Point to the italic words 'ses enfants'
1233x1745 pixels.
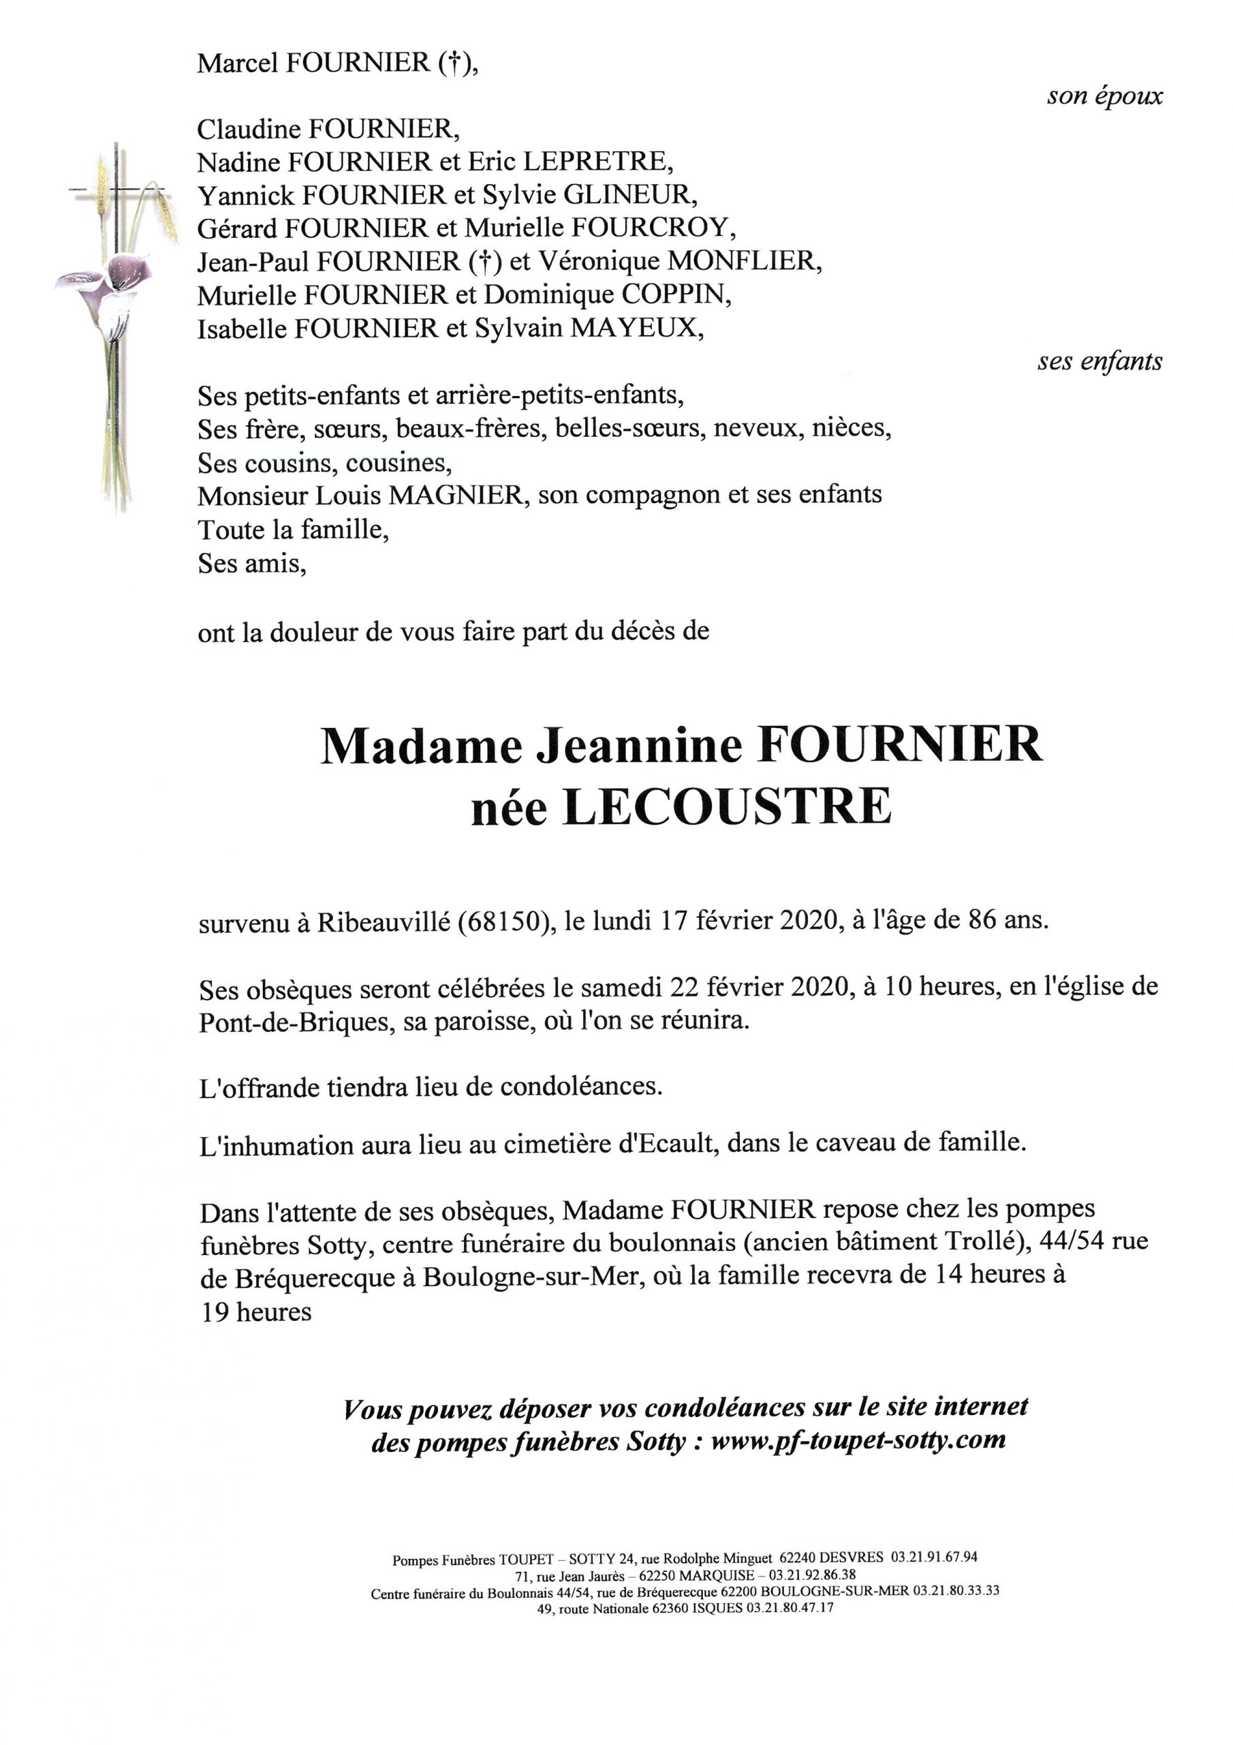coord(1099,362)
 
